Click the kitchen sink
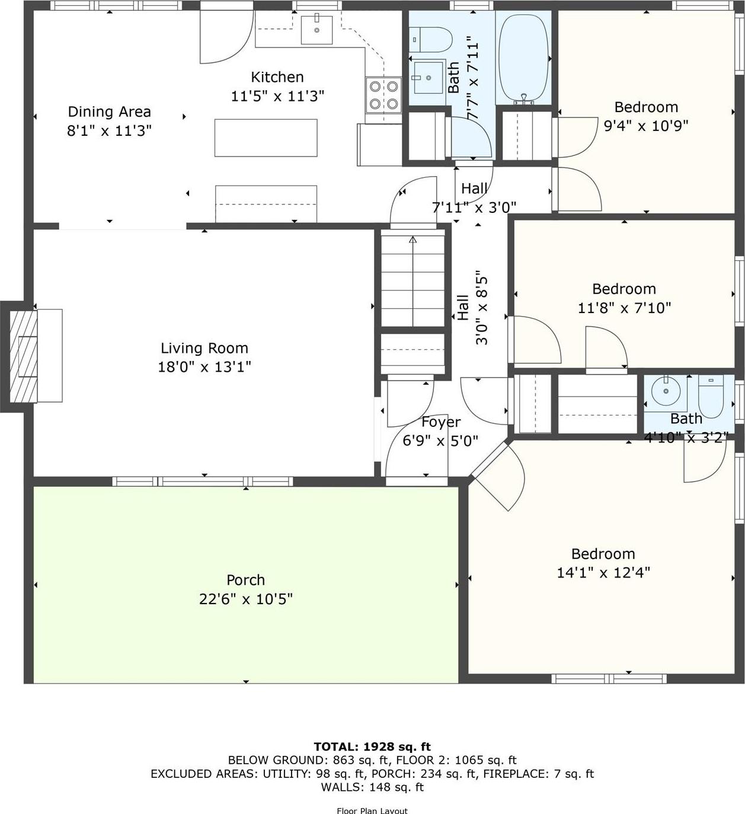(x=316, y=30)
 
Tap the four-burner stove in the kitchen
(x=383, y=95)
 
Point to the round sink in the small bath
(x=666, y=392)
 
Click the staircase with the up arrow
(x=413, y=279)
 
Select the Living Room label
(x=204, y=348)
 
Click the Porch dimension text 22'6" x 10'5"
(x=245, y=599)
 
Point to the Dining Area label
(x=109, y=111)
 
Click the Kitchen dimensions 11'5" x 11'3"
(x=277, y=95)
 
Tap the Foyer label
(x=440, y=422)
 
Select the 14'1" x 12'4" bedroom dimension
(x=603, y=572)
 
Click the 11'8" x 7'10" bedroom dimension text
(x=624, y=308)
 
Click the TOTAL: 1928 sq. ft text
(x=372, y=746)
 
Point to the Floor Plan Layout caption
(x=372, y=810)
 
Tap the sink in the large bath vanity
(x=428, y=78)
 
